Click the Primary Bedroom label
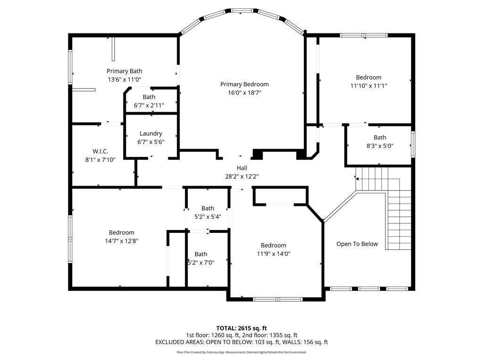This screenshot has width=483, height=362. click(244, 84)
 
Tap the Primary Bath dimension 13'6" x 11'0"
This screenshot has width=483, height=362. click(125, 80)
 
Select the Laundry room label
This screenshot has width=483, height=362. click(150, 133)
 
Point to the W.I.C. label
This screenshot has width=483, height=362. click(100, 151)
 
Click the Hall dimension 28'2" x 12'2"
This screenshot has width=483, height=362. click(241, 176)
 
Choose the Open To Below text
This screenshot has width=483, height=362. click(357, 244)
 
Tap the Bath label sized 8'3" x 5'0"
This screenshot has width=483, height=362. click(380, 138)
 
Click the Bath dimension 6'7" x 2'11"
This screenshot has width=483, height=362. click(149, 106)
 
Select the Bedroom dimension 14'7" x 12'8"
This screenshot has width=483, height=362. click(122, 241)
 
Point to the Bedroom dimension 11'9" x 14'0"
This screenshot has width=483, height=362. click(274, 254)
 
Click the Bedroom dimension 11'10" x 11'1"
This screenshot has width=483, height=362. click(368, 86)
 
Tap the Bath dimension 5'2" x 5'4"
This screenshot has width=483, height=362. click(208, 217)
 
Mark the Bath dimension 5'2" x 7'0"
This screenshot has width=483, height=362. click(201, 263)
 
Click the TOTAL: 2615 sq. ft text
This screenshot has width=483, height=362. click(241, 328)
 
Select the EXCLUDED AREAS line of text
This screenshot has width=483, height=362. click(241, 342)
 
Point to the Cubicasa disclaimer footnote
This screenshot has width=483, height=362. click(241, 352)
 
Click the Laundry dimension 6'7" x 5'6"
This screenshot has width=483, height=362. click(150, 142)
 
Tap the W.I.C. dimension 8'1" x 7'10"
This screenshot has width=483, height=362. click(100, 160)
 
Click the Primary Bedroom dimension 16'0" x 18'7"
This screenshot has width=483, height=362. click(244, 93)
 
